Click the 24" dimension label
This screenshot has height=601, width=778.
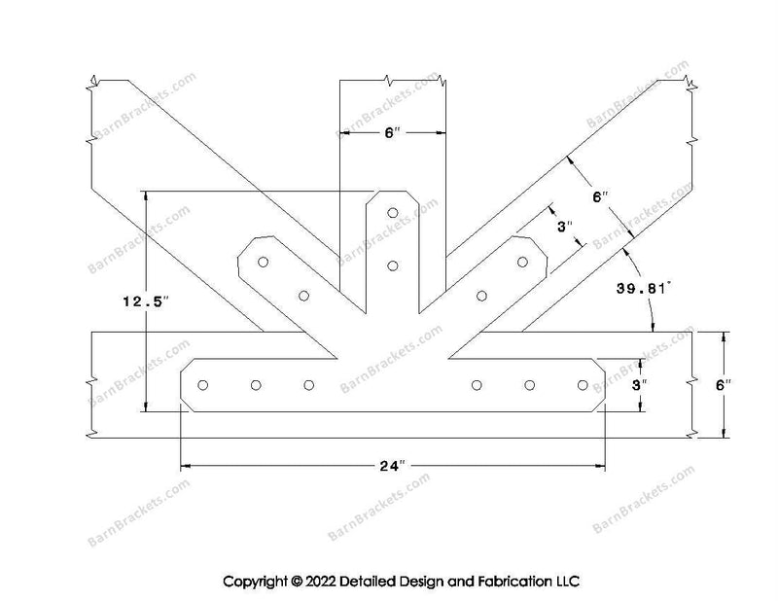click(x=393, y=466)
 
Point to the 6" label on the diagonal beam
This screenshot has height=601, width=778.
click(x=599, y=198)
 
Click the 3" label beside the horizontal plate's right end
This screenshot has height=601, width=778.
click(x=640, y=385)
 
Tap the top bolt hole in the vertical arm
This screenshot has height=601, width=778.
click(x=393, y=212)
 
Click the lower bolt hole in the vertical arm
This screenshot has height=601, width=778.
click(x=393, y=264)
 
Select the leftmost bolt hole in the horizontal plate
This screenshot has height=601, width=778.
click(x=203, y=385)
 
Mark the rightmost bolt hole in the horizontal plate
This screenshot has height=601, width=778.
click(x=583, y=385)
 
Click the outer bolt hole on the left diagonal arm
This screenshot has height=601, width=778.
click(x=263, y=262)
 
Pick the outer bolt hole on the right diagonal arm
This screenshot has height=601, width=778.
click(x=522, y=262)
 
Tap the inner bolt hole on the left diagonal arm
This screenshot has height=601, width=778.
click(x=303, y=295)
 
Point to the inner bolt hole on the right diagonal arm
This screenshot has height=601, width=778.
click(x=481, y=295)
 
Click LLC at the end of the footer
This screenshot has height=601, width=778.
click(x=566, y=582)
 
